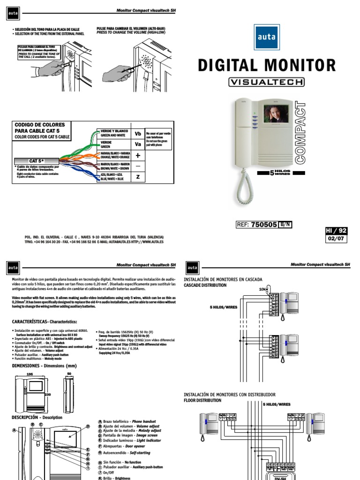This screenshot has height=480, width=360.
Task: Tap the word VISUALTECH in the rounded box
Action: pos(266,82)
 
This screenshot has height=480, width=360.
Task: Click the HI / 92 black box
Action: pos(336,231)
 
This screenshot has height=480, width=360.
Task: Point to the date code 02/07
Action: pos(336,239)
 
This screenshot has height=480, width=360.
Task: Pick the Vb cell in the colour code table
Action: pos(138,133)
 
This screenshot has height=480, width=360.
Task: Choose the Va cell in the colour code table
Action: pos(138,144)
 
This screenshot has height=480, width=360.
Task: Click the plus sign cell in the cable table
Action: pos(138,155)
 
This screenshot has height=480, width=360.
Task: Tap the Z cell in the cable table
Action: pos(138,177)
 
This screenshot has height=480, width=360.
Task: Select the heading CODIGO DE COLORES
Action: pos(40,125)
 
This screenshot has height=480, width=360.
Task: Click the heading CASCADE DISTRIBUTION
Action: pos(205,285)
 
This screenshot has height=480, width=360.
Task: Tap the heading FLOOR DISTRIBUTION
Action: pos(202,401)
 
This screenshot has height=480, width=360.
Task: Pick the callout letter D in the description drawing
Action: pos(88,426)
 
